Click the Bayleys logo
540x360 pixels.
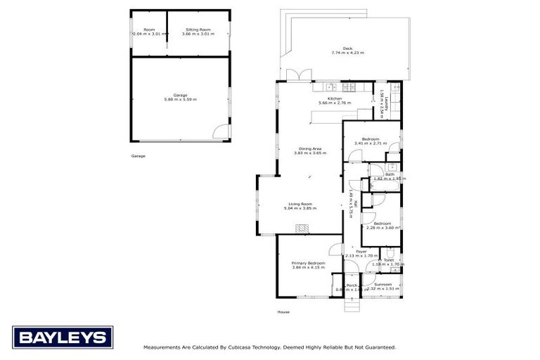[x=62, y=337]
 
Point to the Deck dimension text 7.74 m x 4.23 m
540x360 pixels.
[x=347, y=53]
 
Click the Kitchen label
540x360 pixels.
[x=335, y=98]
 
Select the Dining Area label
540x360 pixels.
[x=310, y=148]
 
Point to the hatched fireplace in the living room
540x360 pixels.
[x=302, y=229]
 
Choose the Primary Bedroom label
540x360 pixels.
[x=309, y=263]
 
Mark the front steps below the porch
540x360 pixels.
[x=351, y=304]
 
